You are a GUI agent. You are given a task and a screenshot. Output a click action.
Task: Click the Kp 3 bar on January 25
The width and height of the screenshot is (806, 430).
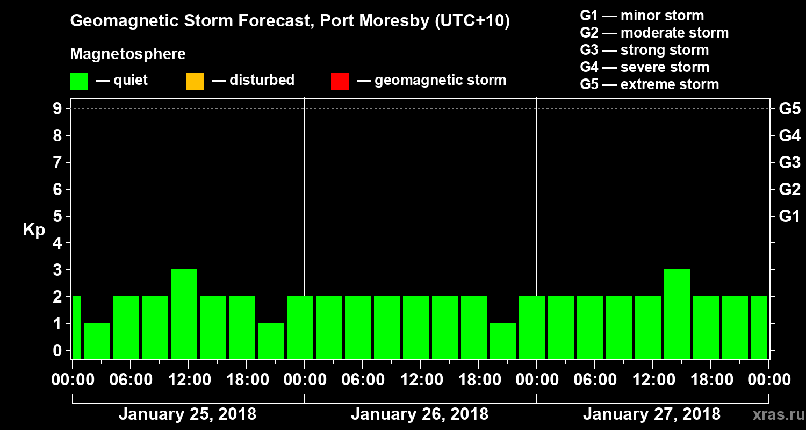click(184, 314)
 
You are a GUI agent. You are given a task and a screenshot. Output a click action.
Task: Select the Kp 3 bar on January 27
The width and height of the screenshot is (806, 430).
click(677, 314)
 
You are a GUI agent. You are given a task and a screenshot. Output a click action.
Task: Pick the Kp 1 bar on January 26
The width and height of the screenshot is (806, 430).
click(503, 341)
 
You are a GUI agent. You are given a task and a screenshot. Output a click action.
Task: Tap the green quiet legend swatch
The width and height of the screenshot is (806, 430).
click(78, 81)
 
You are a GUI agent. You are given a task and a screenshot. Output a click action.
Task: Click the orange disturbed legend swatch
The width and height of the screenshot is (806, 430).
click(195, 81)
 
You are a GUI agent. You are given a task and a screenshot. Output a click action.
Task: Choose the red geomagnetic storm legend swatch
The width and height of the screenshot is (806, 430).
click(340, 81)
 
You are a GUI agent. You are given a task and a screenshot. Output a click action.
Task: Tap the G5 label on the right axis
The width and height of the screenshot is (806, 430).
click(789, 109)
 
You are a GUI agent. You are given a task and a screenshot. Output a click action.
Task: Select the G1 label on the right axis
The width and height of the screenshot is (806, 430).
click(789, 217)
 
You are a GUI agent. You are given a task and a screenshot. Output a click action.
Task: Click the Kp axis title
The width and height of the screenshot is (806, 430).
click(34, 230)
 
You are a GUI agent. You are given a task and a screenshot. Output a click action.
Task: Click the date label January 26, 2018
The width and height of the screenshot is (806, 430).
click(420, 414)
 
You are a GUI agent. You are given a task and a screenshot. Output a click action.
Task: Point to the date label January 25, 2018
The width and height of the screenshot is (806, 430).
click(188, 414)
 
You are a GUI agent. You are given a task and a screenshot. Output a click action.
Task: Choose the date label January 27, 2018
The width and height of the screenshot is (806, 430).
click(652, 414)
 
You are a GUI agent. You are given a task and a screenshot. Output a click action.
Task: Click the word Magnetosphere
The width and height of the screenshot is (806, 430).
click(128, 54)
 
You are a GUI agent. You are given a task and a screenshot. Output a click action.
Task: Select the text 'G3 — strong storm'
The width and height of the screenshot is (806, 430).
click(644, 50)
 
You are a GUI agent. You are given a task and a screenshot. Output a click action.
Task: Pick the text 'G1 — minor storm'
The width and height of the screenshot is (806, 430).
click(642, 16)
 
